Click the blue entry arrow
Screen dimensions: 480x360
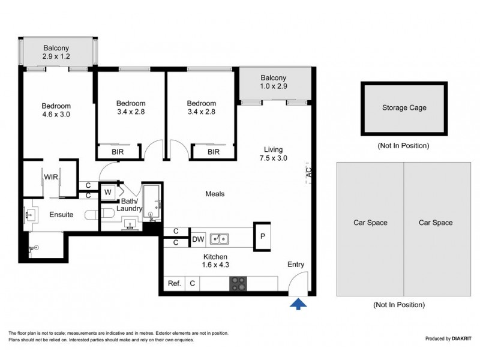point(298,305)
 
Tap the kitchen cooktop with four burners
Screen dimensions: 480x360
point(238,283)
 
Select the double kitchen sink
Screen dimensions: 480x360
point(219,239)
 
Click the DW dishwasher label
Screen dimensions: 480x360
point(198,239)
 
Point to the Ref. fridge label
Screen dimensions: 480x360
point(175,283)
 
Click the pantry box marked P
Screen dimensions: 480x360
point(262,236)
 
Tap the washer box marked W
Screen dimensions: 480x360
point(108,192)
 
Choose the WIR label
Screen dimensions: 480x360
point(51,177)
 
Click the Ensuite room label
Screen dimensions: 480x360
point(61,215)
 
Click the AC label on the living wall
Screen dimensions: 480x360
point(309,172)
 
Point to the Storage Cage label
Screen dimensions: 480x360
point(404,108)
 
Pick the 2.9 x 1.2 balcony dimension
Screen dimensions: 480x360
point(56,56)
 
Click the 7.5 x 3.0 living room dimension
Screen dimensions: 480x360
point(274,158)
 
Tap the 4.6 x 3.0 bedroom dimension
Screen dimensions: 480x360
point(56,114)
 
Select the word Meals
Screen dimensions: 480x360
point(215,194)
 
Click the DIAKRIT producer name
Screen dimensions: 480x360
point(461,338)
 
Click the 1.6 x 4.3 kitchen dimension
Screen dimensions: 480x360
point(215,265)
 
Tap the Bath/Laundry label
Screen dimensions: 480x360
point(129,205)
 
